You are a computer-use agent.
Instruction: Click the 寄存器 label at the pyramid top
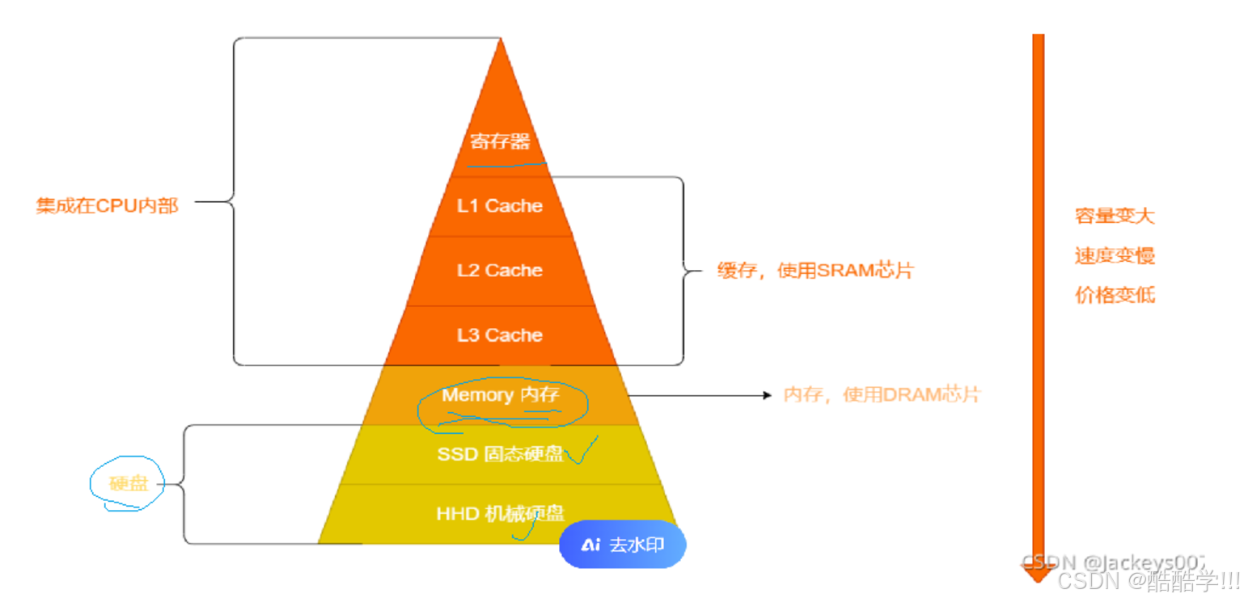click(500, 141)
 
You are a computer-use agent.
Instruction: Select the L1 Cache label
click(499, 206)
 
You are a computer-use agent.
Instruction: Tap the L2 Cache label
click(499, 270)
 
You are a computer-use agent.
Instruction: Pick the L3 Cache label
click(499, 335)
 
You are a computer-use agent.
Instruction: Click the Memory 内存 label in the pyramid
click(501, 395)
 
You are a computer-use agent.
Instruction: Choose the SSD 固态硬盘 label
click(501, 454)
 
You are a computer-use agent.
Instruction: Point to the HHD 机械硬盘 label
click(501, 514)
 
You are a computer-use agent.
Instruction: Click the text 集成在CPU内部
click(108, 206)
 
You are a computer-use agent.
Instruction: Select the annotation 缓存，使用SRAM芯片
click(815, 271)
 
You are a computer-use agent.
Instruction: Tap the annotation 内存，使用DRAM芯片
click(882, 395)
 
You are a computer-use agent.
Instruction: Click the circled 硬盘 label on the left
click(129, 484)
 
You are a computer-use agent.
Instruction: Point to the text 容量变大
click(1115, 216)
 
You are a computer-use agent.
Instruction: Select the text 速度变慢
click(1115, 256)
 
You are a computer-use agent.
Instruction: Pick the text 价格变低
click(1115, 295)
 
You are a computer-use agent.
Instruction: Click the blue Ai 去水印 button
click(623, 545)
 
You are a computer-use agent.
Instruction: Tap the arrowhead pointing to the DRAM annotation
click(768, 395)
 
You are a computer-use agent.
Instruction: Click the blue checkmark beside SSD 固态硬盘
click(582, 451)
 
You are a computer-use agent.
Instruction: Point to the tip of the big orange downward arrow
click(1038, 582)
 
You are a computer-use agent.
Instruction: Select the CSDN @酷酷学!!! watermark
click(1149, 582)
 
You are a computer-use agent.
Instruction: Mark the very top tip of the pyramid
click(501, 38)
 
